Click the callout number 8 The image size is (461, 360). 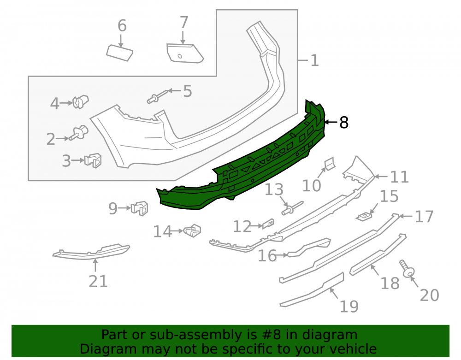344,122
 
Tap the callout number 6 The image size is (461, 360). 122,25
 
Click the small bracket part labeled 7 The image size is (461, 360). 185,53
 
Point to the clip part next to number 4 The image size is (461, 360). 81,102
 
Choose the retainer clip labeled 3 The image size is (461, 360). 93,160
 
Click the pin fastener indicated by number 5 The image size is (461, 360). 157,97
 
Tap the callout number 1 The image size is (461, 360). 314,60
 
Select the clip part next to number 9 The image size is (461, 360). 140,208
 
